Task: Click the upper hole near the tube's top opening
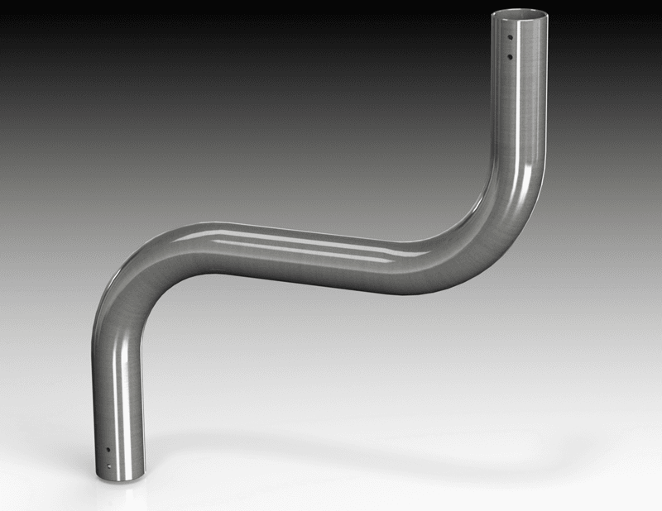click(511, 37)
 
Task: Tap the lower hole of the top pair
click(510, 57)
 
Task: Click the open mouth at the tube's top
click(520, 15)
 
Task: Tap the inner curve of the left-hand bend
click(162, 285)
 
